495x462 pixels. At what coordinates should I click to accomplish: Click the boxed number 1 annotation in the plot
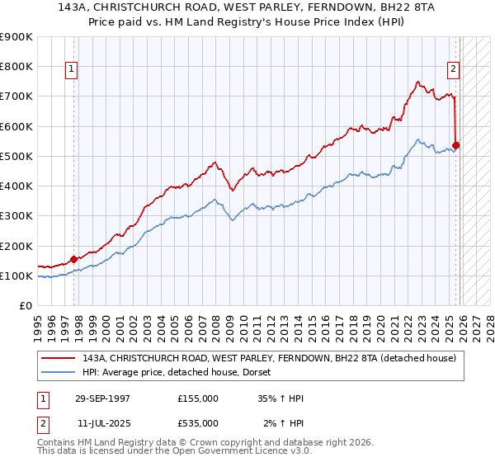tap(73, 70)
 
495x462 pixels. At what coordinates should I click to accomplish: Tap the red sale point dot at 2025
tap(456, 146)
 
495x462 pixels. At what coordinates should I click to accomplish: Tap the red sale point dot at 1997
tap(73, 259)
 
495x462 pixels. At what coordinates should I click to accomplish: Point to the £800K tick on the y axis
tap(16, 67)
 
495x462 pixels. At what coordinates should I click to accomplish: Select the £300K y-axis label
tap(16, 216)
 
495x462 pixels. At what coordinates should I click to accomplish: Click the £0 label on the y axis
tap(25, 306)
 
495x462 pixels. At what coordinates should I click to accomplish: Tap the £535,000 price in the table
tap(198, 422)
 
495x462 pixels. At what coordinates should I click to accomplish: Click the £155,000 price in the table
tap(198, 398)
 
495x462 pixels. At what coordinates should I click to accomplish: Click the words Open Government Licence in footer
tap(247, 453)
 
